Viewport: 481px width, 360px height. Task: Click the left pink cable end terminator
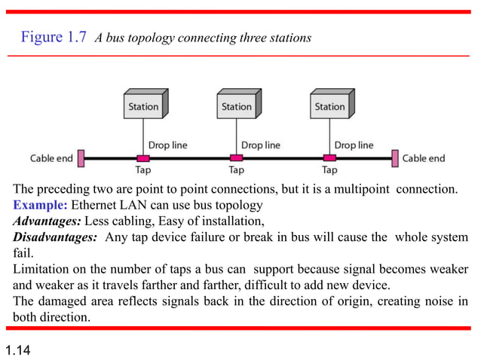[81, 158]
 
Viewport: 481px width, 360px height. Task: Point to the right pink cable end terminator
[394, 158]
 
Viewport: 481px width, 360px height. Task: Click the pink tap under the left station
[142, 158]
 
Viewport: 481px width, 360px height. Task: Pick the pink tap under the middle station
[236, 158]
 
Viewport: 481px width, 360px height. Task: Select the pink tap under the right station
[329, 158]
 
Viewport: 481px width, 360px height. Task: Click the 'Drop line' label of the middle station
[260, 145]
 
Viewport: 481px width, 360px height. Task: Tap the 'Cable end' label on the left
[51, 158]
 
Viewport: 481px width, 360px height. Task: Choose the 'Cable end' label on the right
[424, 158]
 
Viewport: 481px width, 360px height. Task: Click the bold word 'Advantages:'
[47, 221]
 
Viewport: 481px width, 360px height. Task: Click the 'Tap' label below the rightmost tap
[329, 171]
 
